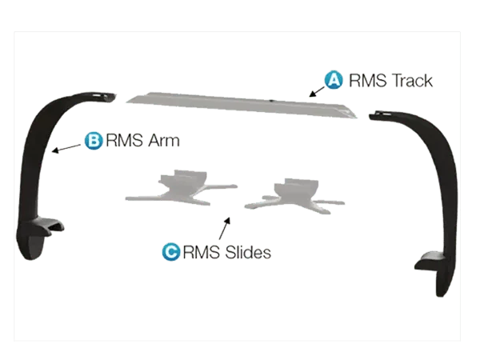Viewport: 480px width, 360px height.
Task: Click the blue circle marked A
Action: point(334,80)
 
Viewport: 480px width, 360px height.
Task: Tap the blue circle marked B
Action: point(94,141)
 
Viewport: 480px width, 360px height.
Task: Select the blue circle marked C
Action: point(171,252)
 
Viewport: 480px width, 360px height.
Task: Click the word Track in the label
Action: point(412,81)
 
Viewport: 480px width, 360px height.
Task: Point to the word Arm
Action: point(164,141)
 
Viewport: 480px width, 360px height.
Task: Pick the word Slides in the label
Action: point(248,252)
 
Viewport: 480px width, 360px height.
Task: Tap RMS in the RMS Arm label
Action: point(125,141)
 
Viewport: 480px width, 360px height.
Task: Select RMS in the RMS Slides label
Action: point(202,252)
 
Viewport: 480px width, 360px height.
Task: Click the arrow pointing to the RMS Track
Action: point(317,91)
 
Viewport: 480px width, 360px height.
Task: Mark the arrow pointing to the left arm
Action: point(66,148)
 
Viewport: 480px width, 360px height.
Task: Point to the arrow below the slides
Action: point(225,228)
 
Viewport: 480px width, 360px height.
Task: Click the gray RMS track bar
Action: point(242,105)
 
